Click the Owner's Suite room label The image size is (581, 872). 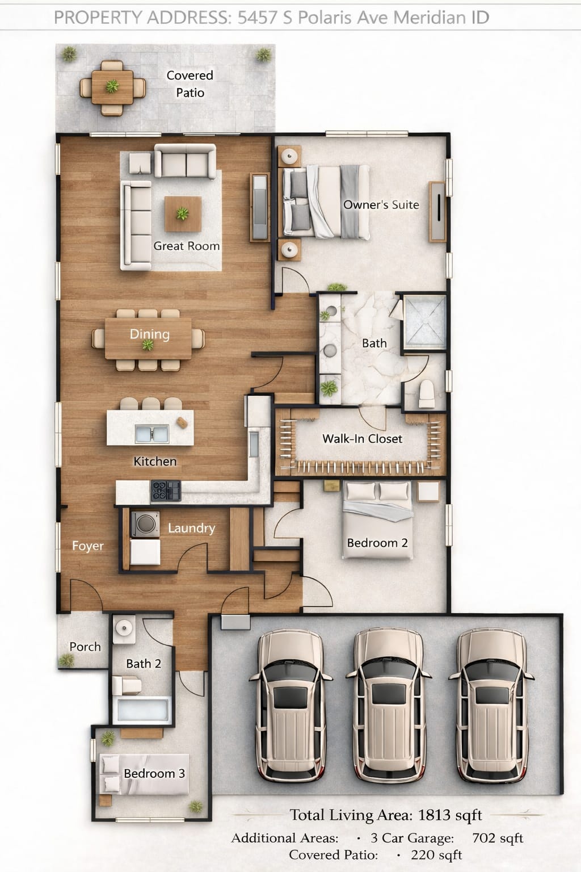381,205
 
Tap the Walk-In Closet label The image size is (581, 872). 362,439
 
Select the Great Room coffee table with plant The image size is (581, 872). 183,214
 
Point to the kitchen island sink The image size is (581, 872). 152,434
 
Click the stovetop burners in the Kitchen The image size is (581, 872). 166,491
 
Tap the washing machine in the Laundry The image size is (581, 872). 144,524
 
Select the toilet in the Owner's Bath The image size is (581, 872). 425,394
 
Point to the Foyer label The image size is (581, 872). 88,546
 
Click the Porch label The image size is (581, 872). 85,647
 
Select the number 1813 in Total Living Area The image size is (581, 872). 434,815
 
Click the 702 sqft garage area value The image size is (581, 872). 497,838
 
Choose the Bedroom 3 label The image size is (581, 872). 154,774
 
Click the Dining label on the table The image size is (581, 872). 149,334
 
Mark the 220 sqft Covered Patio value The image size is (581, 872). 436,855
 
